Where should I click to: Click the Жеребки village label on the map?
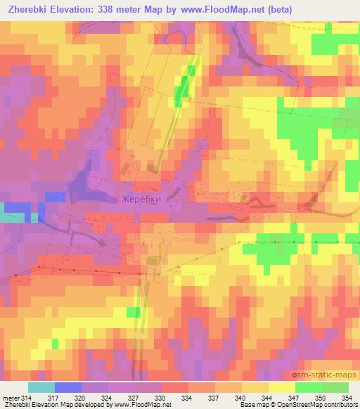141,199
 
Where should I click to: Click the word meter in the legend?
10,397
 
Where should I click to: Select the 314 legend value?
27,397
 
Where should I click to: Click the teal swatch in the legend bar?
41,387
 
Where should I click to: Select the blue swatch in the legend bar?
67,387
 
